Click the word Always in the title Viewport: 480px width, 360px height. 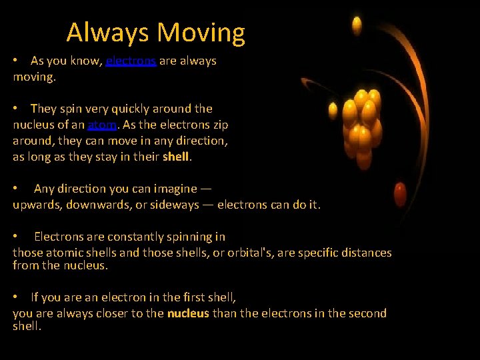click(108, 32)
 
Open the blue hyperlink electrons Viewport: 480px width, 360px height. click(131, 61)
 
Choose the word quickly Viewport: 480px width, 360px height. click(129, 109)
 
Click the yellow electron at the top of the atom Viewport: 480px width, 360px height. click(357, 26)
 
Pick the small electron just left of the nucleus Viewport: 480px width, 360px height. click(333, 107)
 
